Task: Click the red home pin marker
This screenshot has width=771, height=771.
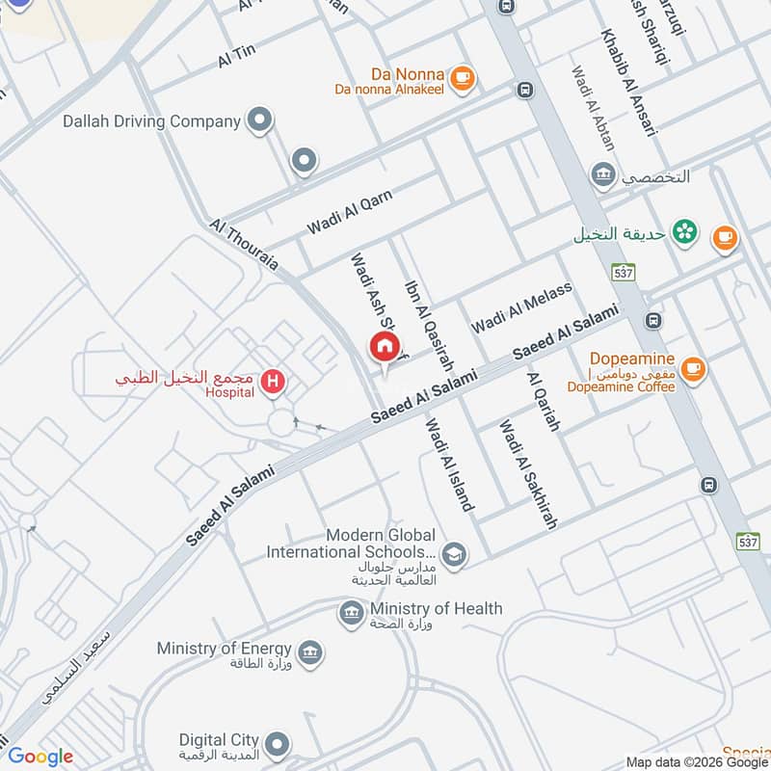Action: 384,346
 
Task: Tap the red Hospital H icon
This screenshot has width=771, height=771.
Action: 274,384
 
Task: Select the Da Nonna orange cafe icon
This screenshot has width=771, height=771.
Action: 463,77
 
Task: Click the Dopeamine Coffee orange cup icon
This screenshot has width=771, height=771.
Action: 692,367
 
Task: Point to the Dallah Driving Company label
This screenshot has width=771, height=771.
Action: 150,121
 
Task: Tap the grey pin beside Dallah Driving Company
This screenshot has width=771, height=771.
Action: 259,121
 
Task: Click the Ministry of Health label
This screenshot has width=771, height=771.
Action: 436,608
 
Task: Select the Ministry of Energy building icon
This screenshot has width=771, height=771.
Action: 310,652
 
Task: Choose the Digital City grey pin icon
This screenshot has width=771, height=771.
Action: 278,743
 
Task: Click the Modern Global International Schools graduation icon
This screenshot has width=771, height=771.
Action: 454,553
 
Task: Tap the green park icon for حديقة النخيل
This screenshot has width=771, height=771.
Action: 684,231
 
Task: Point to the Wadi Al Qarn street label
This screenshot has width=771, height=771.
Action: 350,212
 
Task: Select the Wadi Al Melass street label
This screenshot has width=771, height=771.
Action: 521,307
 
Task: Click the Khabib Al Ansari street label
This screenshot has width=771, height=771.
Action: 627,82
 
